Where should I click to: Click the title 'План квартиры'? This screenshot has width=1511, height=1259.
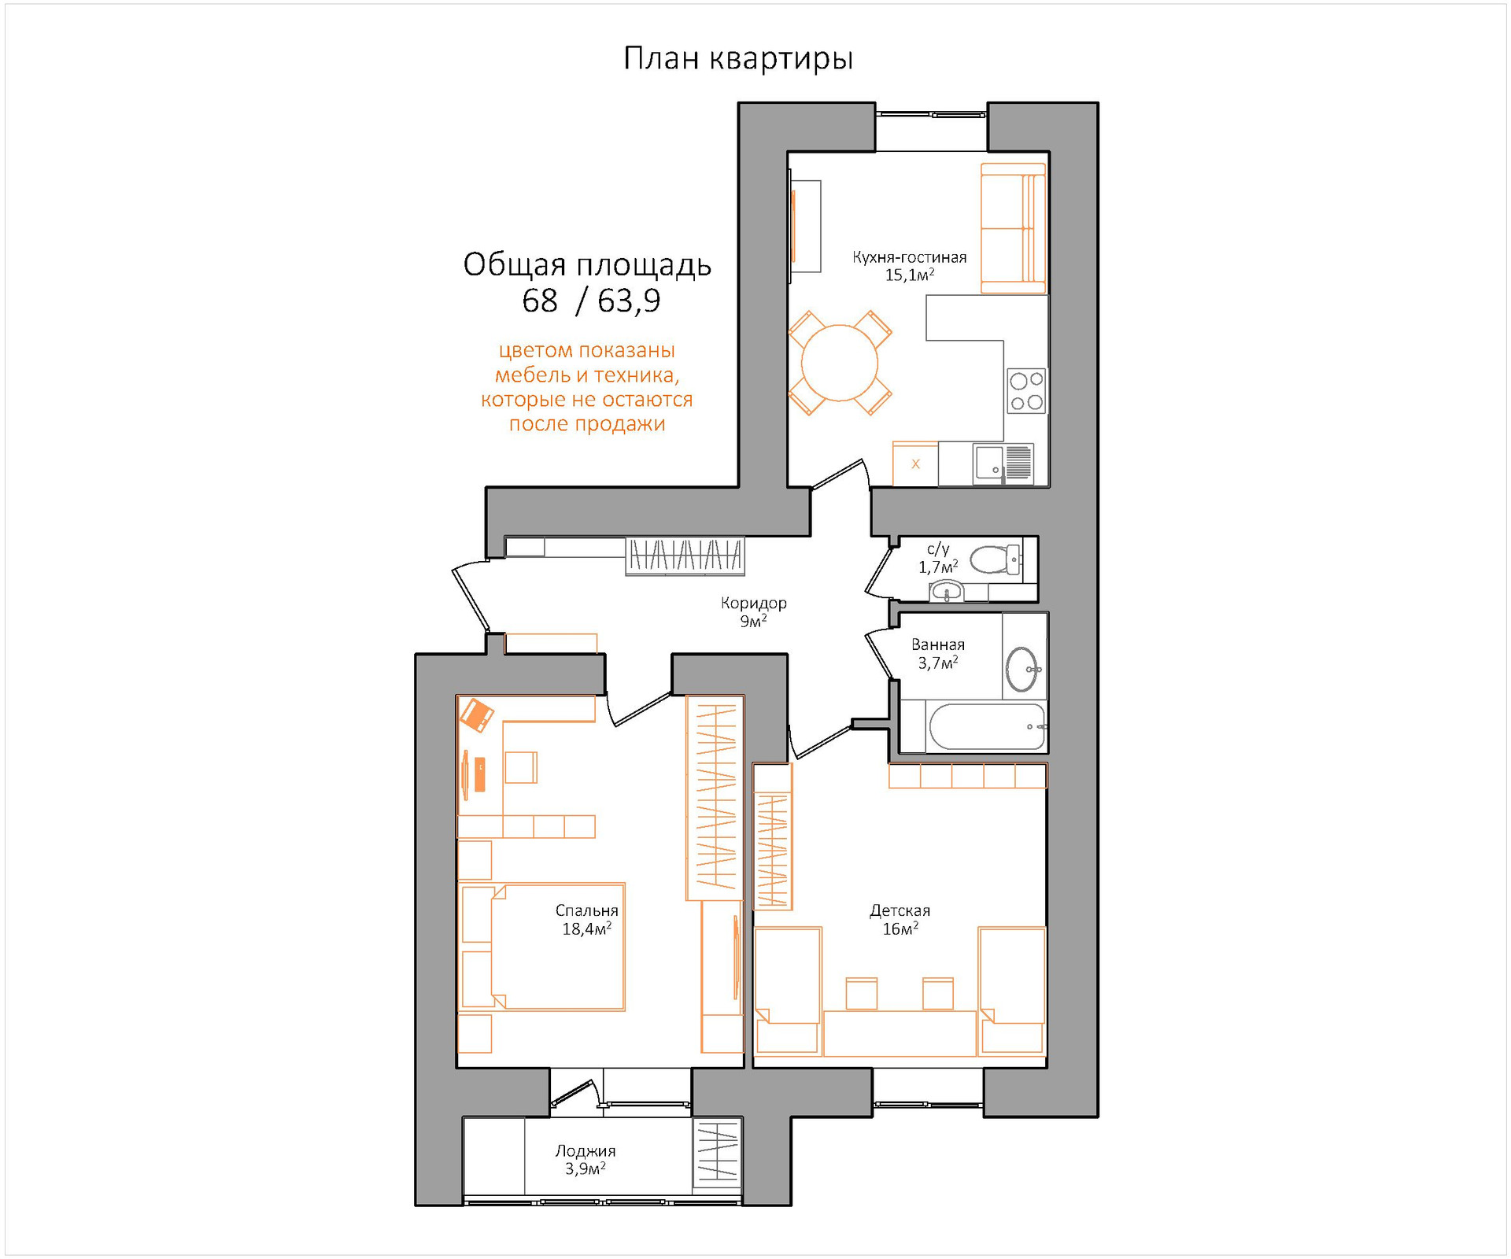[738, 59]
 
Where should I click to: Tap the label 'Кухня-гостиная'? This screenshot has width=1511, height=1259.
[910, 257]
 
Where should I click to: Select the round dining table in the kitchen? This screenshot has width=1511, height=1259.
[840, 363]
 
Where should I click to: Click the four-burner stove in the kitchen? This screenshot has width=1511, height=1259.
[1027, 391]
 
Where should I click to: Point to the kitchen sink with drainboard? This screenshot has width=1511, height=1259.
[1003, 463]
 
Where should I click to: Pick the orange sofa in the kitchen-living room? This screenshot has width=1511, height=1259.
[1014, 228]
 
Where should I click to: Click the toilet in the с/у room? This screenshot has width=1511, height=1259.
[996, 560]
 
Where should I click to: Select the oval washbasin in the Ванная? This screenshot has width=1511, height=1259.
[1022, 669]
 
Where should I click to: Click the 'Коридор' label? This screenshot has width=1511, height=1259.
[754, 604]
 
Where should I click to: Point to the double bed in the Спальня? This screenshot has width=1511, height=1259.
[557, 947]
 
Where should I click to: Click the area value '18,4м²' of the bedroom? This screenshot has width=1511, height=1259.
[586, 929]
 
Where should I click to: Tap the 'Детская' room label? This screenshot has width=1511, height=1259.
[900, 910]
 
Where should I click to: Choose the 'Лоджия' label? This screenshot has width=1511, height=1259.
[586, 1151]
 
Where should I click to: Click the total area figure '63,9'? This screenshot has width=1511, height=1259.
[629, 301]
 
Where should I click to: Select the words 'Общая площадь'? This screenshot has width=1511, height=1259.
[587, 265]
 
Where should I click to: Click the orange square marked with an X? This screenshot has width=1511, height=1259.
[915, 464]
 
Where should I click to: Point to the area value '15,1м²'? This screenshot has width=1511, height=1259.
[910, 275]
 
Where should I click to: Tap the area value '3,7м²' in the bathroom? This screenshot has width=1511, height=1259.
[938, 663]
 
